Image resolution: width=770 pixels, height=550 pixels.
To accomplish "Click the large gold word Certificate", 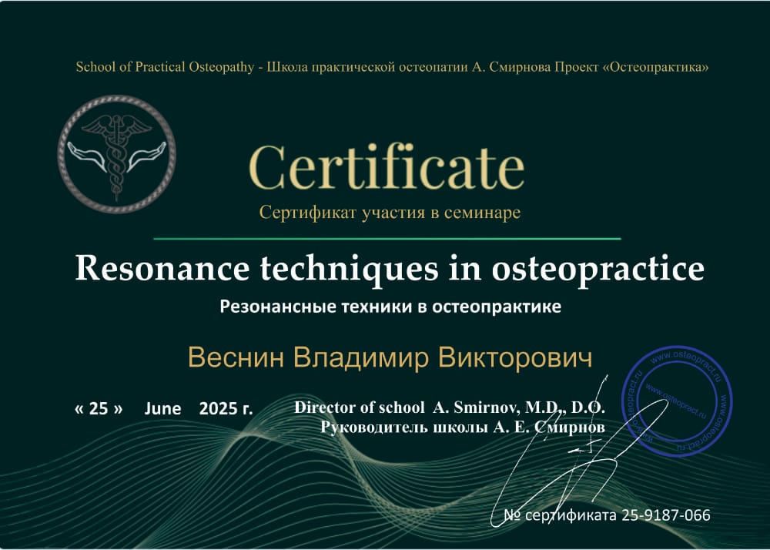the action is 387,167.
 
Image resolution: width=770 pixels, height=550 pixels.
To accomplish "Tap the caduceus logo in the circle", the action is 117,154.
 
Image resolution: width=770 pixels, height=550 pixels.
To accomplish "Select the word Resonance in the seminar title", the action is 162,269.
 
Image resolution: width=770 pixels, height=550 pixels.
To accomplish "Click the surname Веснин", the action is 236,357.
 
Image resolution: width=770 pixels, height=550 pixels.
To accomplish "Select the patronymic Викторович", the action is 515,357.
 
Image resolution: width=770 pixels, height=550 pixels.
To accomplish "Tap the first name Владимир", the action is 361,358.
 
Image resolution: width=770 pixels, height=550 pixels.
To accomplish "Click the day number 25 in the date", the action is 99,408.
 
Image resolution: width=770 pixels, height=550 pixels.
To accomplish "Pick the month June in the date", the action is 162,409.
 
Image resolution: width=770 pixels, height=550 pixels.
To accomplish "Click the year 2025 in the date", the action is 218,408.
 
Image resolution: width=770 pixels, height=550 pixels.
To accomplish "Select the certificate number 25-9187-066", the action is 666,515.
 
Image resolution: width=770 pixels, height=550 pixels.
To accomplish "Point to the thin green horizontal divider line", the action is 387,239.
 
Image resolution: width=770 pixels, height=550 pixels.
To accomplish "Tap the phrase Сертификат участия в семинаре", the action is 390,213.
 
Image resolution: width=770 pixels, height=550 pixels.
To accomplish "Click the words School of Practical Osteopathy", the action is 165,67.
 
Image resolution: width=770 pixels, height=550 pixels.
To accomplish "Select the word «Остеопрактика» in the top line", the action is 656,67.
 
